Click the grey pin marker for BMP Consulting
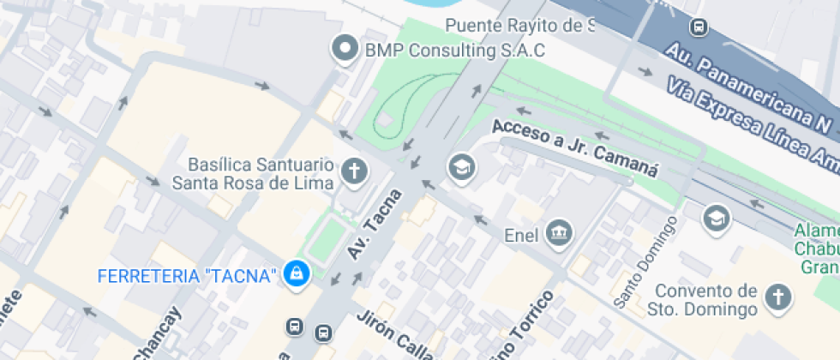(346, 49)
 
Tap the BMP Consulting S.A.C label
(455, 51)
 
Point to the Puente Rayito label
(519, 26)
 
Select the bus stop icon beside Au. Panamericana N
(699, 27)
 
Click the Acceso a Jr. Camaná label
(575, 147)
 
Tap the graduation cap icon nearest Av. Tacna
(462, 168)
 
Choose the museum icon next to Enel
(559, 232)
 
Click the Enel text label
(520, 233)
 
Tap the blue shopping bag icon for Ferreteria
(297, 274)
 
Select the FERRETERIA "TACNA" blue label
(189, 275)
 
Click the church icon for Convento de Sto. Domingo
(777, 297)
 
